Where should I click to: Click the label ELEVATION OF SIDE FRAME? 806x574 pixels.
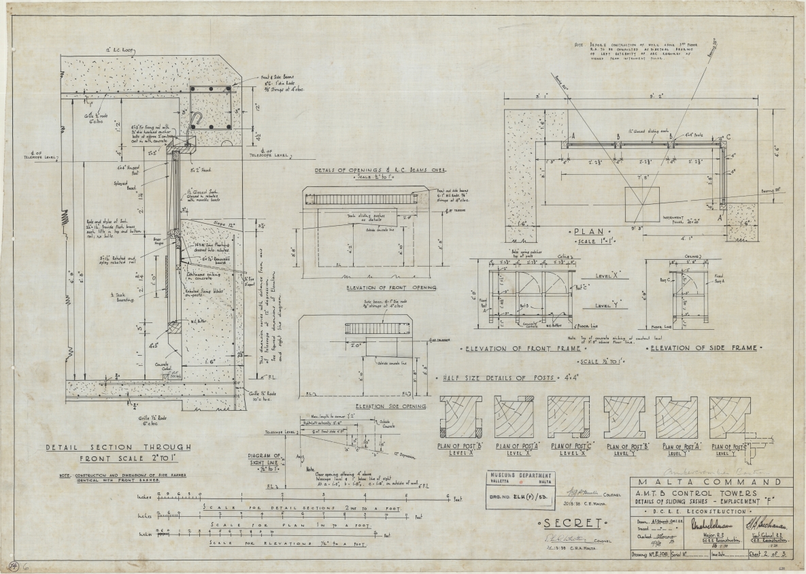pos(704,348)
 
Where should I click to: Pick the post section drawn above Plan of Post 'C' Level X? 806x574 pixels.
pos(570,416)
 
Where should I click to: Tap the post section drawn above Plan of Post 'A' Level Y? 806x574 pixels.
pos(676,416)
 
